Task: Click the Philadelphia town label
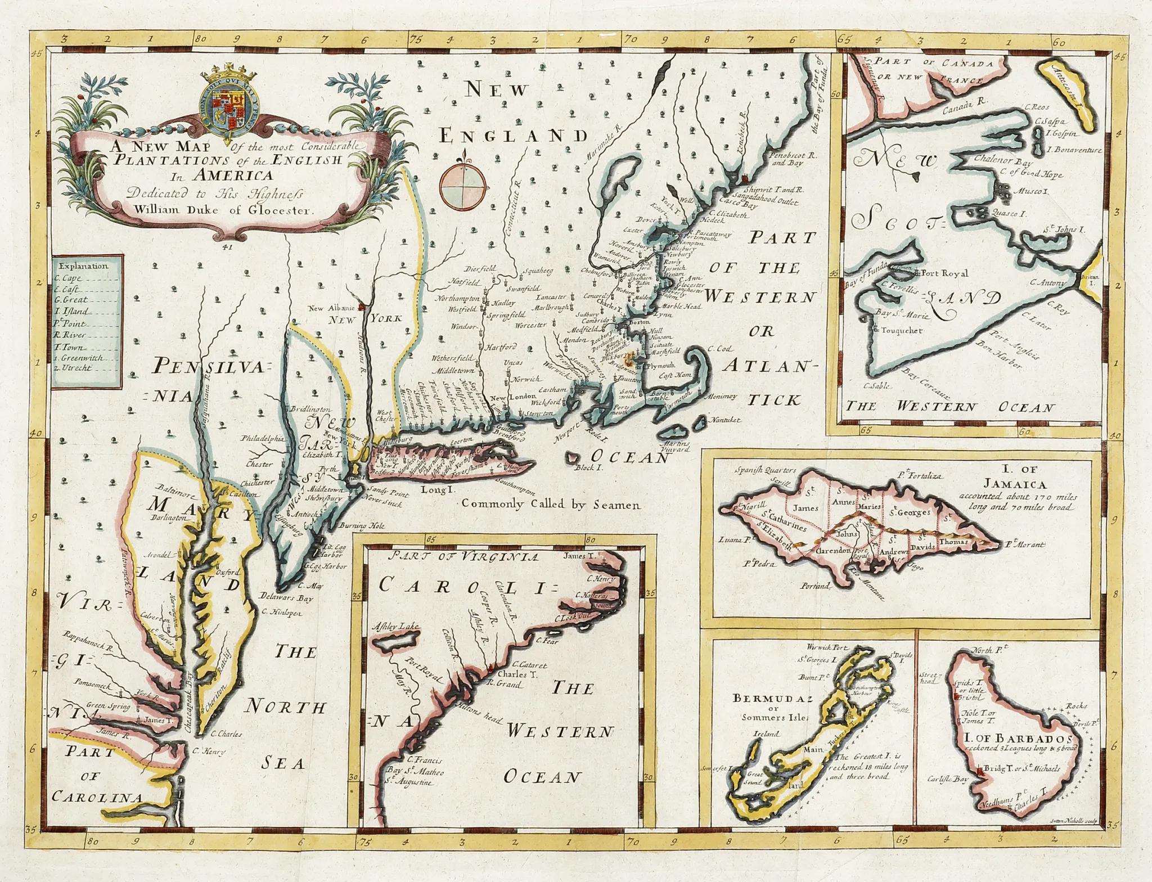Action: [263, 438]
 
